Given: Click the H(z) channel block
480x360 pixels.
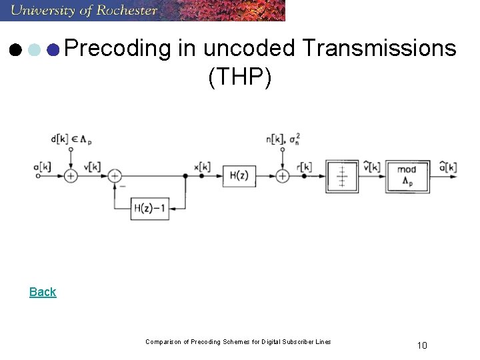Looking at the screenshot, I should pos(239,175).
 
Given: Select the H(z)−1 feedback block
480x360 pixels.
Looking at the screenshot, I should pos(150,209).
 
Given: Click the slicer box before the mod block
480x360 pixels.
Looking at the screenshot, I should pos(342,175).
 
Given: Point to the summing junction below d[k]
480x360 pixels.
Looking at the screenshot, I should pos(71,175).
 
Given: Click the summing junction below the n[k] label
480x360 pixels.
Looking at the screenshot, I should pos(283,175).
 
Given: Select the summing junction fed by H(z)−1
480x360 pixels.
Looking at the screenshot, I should pos(115,175).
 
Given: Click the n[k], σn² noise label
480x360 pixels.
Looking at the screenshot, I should pos(284,139).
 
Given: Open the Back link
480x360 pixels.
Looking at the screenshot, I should pos(43,291).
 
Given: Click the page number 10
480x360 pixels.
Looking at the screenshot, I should pos(421,345).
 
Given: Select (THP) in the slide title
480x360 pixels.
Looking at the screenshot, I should pos(239,77).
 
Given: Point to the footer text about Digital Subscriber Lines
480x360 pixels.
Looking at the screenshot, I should pos(238,342).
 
